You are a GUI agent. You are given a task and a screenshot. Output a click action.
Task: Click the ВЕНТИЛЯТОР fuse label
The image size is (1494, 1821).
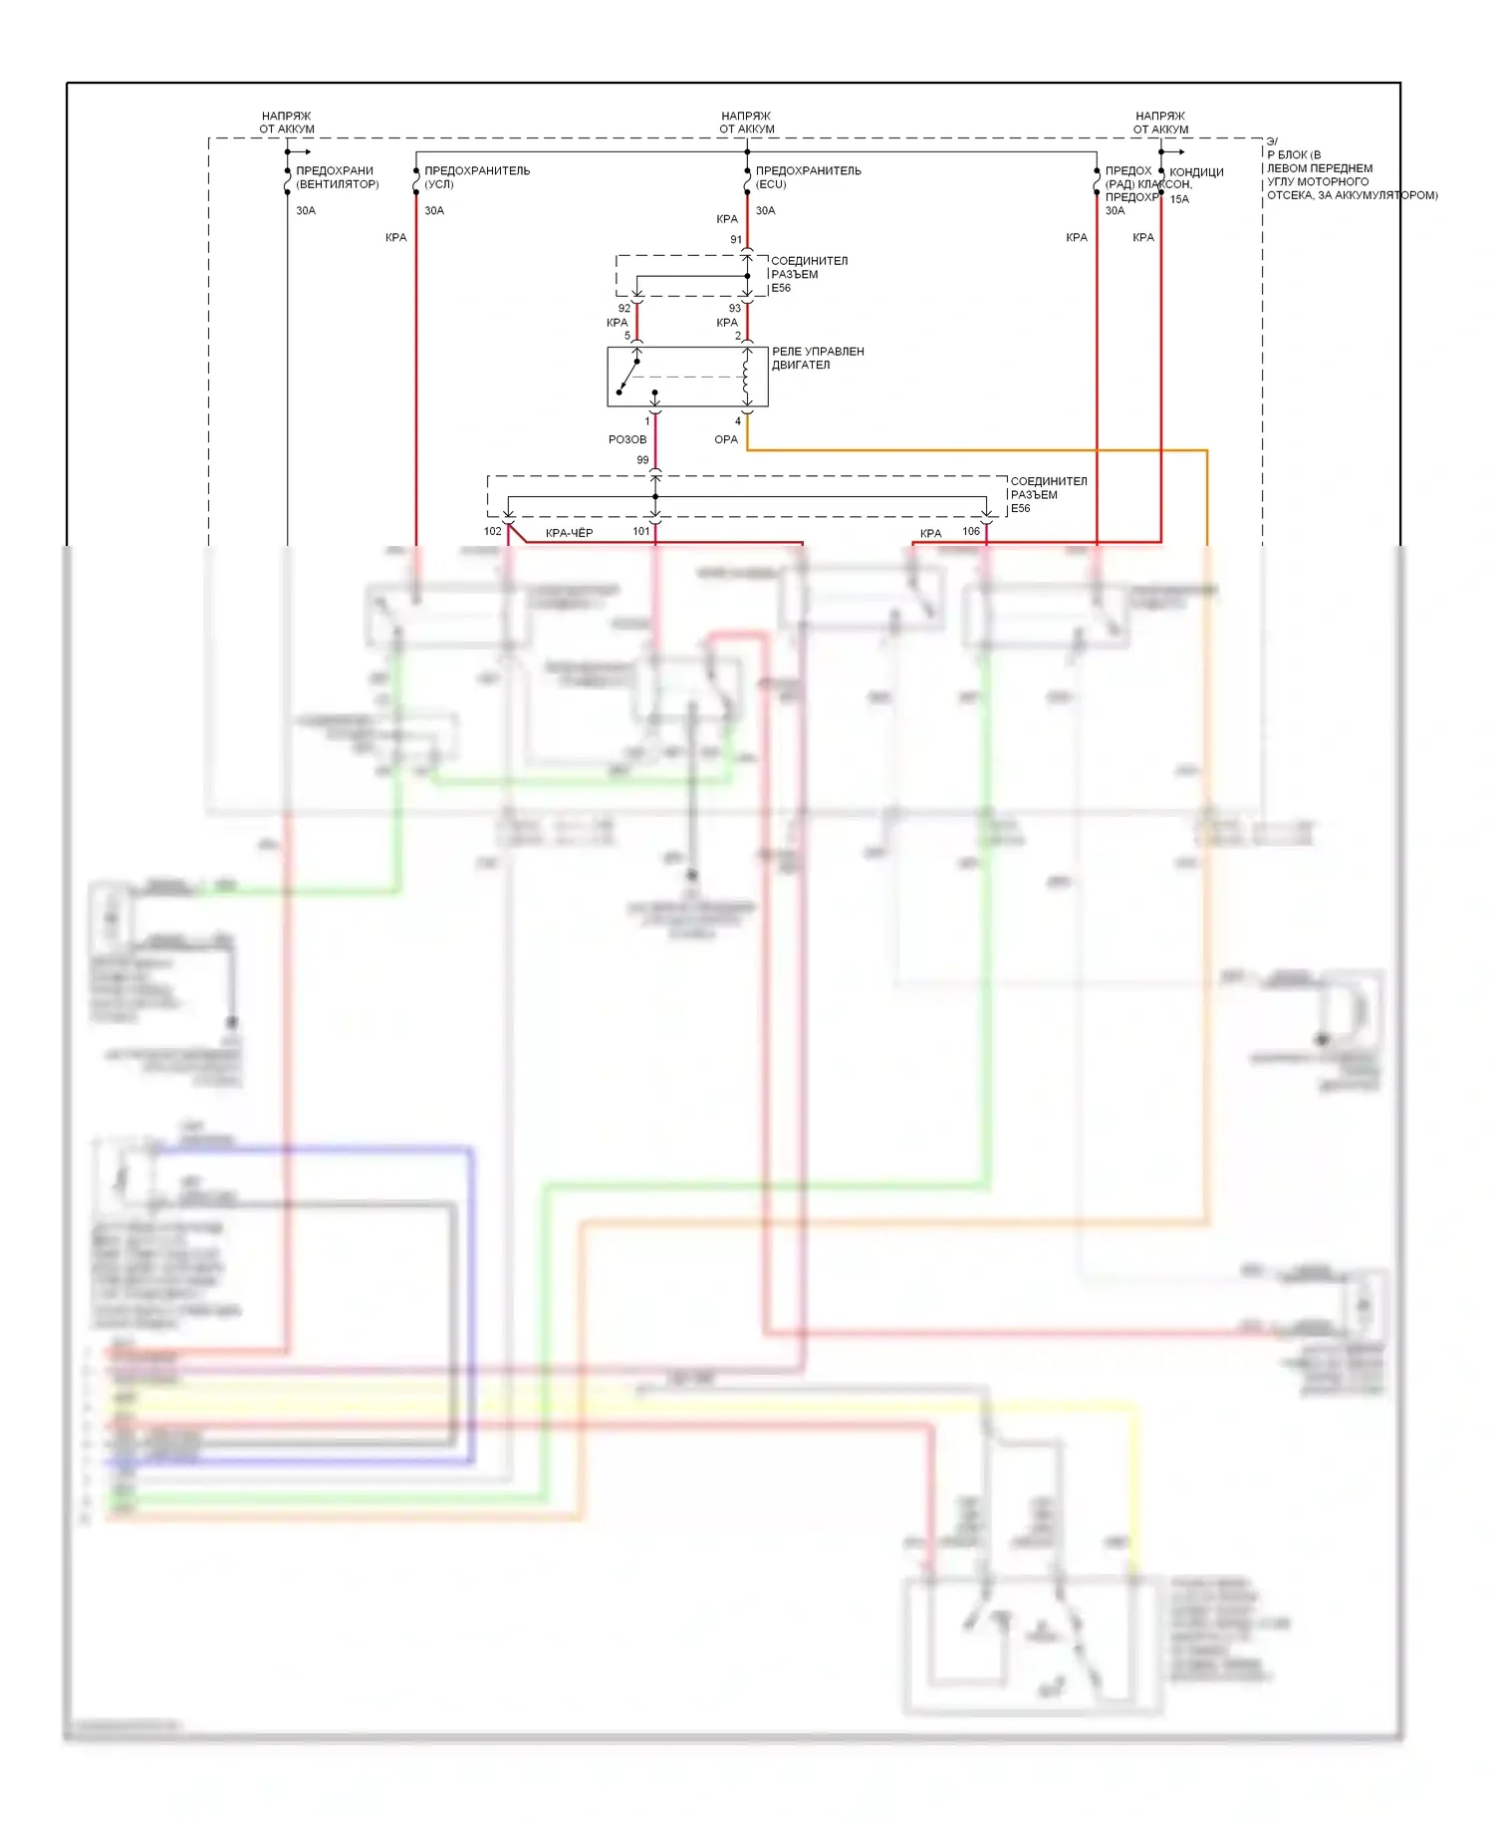point(337,184)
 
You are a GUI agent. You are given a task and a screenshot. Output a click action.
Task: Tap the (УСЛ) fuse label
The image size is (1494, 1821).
point(438,184)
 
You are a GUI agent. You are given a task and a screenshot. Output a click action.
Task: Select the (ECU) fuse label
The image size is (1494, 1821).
point(771,184)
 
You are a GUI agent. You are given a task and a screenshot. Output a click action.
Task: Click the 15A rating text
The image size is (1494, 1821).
point(1179,199)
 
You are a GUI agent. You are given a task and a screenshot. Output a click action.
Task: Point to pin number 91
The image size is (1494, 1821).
point(736,239)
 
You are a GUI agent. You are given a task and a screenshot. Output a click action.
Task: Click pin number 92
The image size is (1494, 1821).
point(624,308)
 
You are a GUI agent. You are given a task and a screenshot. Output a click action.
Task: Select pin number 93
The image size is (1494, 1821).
point(735,308)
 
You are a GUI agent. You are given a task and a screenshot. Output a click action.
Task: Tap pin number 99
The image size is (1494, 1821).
point(642,460)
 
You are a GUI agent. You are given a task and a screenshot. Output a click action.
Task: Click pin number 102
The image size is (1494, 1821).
point(492,531)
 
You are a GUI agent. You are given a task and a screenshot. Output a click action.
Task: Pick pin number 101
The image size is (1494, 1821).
point(641,531)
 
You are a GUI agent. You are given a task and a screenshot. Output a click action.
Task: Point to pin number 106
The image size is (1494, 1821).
point(971,531)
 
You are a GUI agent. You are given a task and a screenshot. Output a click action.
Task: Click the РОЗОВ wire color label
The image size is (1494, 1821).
point(627,439)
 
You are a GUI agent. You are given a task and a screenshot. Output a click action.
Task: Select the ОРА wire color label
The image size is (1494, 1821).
point(726,439)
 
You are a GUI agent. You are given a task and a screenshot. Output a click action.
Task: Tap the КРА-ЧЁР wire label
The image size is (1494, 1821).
point(569,533)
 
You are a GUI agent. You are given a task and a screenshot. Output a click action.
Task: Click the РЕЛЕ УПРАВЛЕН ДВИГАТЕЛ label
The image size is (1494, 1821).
point(818,358)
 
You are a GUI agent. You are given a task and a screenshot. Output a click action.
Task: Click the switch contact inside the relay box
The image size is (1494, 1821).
point(628,376)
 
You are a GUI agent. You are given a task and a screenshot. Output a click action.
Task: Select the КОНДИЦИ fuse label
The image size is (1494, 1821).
point(1196,172)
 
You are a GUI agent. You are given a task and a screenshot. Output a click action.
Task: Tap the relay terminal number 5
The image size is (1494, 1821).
point(627,336)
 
